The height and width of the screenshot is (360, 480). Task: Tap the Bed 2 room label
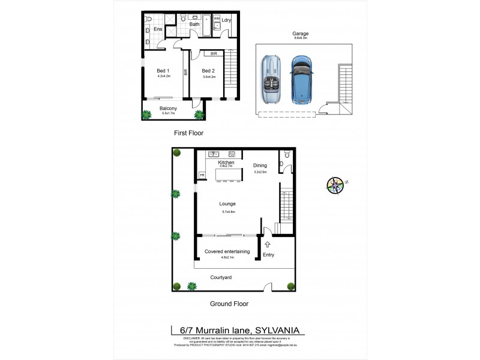(208, 70)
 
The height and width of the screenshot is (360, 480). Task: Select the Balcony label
(168, 108)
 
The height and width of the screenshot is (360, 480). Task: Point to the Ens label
(158, 29)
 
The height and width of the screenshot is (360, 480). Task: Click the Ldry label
(226, 21)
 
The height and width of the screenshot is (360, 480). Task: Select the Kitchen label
(226, 163)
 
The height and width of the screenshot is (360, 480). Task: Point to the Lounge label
(227, 204)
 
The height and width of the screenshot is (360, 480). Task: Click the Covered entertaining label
(227, 251)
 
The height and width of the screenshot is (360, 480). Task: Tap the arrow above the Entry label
(268, 244)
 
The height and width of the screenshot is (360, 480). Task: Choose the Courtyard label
(221, 277)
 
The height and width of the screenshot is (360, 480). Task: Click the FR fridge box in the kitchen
(202, 175)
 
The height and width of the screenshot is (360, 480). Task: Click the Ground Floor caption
(229, 304)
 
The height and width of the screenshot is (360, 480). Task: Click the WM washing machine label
(216, 19)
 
